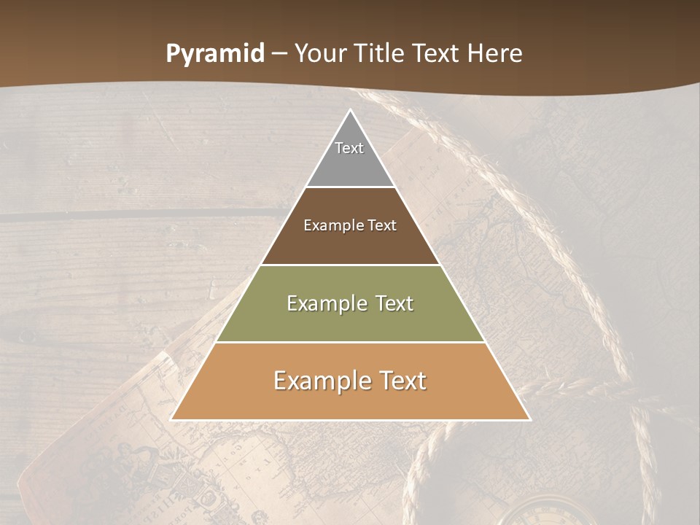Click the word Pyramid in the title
[x=214, y=54]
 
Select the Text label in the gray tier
[x=349, y=148]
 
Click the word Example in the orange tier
[x=320, y=381]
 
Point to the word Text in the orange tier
[x=400, y=381]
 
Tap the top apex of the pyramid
[x=350, y=110]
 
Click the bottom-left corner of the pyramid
[x=171, y=419]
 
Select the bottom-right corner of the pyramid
[x=530, y=419]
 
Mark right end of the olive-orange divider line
[x=486, y=342]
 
